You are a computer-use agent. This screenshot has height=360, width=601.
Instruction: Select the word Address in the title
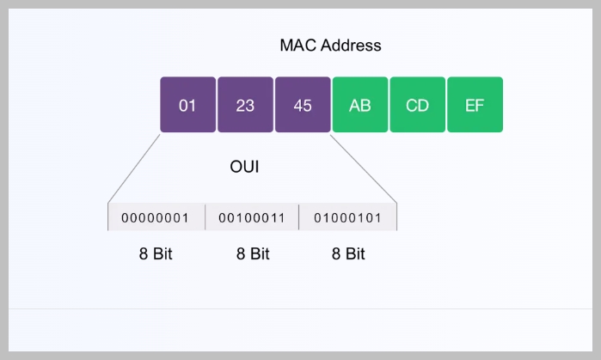click(350, 45)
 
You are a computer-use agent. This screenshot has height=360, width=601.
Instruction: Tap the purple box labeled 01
click(187, 105)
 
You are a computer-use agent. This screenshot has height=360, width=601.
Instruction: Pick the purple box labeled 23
click(245, 105)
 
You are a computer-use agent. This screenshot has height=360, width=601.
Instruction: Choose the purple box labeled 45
click(303, 105)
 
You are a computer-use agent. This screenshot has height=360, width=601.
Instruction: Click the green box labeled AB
click(360, 105)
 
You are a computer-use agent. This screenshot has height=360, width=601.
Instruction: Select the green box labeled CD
click(417, 105)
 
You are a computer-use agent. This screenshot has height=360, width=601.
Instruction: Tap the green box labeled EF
click(475, 105)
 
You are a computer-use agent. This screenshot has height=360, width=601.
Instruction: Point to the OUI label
click(244, 167)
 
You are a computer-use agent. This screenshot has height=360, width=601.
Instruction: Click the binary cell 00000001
click(156, 217)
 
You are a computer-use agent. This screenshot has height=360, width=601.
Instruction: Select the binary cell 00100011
click(252, 217)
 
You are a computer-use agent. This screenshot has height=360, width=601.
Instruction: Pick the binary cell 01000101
click(348, 217)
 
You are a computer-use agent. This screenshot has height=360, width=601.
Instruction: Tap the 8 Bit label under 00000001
click(156, 254)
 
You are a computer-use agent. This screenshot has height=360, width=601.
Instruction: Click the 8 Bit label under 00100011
click(252, 254)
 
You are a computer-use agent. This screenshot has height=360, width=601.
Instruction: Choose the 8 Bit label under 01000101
click(348, 254)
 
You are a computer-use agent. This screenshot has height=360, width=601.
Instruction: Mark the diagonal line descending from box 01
click(135, 167)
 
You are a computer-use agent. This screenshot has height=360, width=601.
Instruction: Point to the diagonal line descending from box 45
click(363, 167)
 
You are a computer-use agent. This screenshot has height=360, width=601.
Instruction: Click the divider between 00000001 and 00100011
click(205, 217)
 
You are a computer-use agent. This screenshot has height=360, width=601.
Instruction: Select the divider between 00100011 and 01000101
click(299, 217)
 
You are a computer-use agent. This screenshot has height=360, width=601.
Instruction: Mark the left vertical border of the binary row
click(108, 217)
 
